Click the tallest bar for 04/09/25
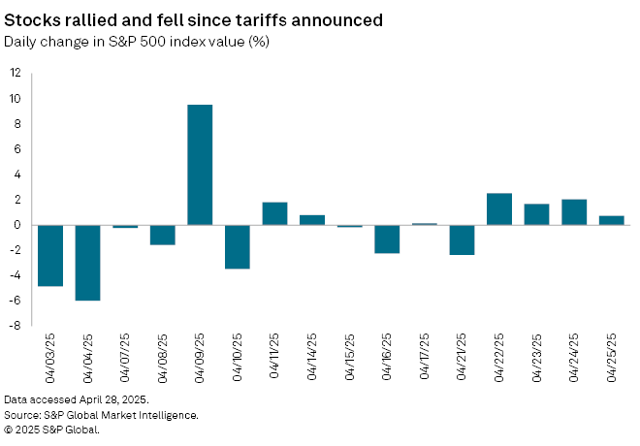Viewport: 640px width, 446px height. [x=200, y=165]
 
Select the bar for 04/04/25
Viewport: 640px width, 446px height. [x=87, y=263]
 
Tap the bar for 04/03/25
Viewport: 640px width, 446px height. [x=49, y=256]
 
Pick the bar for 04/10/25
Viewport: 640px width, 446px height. [x=238, y=246]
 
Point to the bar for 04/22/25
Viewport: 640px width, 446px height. [x=499, y=209]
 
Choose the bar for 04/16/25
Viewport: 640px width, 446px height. [x=387, y=239]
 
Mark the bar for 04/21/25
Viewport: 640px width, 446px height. [x=462, y=239]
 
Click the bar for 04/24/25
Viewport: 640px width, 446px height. [x=574, y=212]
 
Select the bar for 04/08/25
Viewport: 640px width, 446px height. [x=162, y=235]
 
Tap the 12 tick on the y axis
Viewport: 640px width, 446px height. [x=16, y=73]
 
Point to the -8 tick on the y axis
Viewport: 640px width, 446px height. [x=16, y=326]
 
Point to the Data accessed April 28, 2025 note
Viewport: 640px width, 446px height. [x=76, y=399]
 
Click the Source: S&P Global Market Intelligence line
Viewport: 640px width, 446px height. [x=101, y=415]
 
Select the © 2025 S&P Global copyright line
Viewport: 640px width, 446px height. [x=51, y=430]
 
